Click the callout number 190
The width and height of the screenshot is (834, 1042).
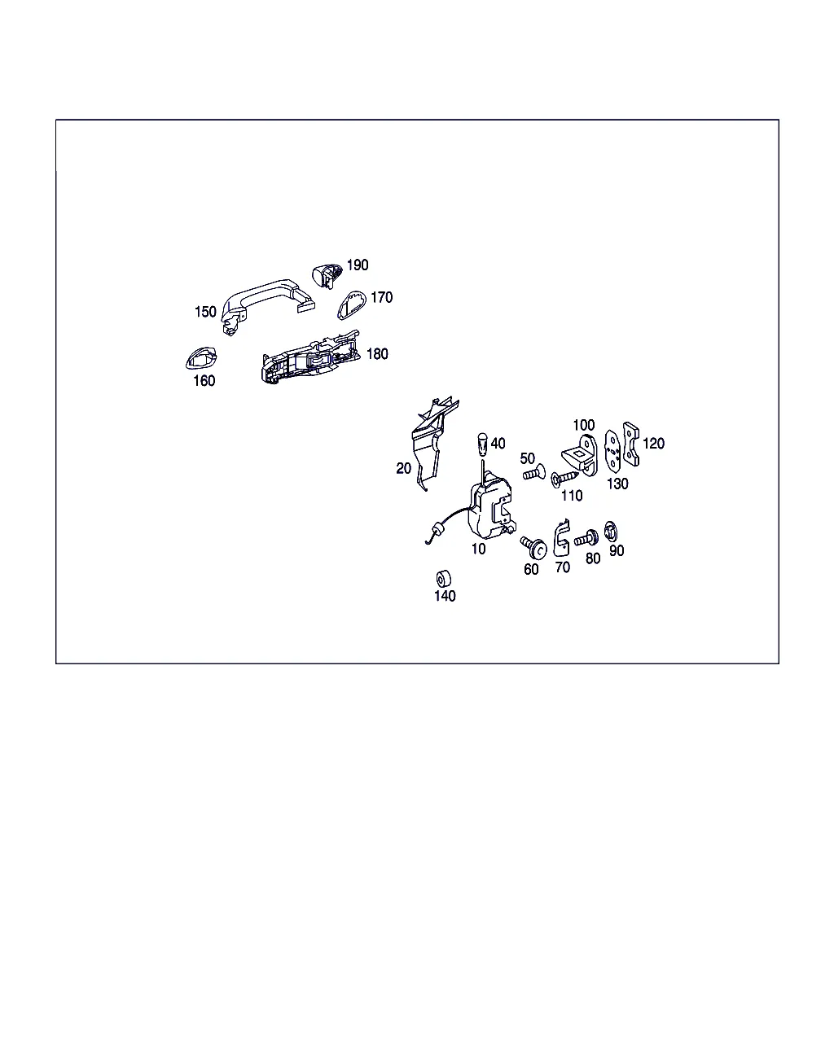(358, 265)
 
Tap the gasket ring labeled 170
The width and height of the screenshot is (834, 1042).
(352, 305)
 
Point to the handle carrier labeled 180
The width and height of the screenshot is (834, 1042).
(311, 357)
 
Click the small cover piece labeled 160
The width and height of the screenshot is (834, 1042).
(201, 358)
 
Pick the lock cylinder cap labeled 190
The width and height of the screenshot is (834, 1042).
(327, 276)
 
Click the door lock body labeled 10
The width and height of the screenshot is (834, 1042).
(490, 506)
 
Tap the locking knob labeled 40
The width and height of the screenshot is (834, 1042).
(482, 444)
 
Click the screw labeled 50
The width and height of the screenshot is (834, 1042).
(534, 472)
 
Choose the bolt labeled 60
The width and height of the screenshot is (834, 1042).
(533, 547)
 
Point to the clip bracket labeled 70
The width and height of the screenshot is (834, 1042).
(562, 538)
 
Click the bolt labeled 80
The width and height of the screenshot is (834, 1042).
(586, 538)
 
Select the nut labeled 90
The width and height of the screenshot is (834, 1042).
(611, 532)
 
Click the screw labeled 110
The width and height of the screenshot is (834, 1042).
(564, 479)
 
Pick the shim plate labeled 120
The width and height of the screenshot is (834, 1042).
(631, 444)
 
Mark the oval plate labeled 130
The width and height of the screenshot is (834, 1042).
(613, 450)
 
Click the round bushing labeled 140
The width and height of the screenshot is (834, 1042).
(443, 579)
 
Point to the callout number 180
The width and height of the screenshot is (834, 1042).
(377, 354)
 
